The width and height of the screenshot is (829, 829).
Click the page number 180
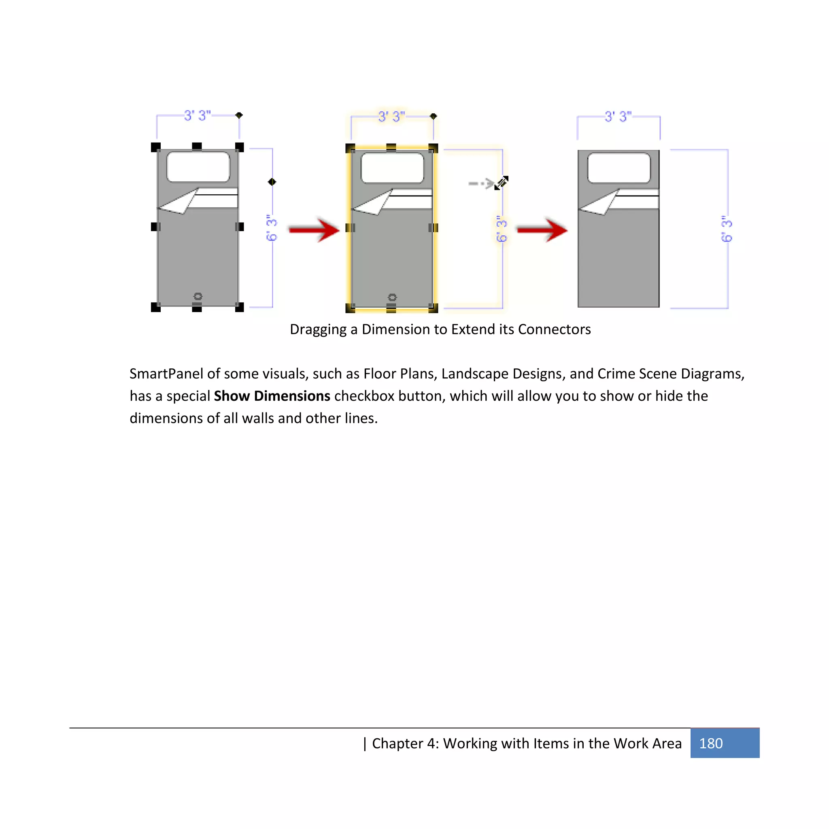click(x=710, y=743)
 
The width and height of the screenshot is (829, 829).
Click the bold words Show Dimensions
click(x=272, y=395)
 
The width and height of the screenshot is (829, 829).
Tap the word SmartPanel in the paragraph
click(x=166, y=374)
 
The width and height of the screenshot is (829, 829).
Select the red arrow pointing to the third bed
click(x=542, y=230)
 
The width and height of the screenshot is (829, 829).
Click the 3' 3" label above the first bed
click(x=198, y=115)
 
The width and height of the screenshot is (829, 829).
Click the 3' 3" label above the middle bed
click(x=391, y=117)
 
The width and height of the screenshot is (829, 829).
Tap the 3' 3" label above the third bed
click(x=618, y=117)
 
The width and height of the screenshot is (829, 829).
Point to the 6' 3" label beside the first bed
click(x=272, y=228)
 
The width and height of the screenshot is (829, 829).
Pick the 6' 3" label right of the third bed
click(x=727, y=229)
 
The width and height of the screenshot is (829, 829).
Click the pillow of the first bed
click(x=198, y=166)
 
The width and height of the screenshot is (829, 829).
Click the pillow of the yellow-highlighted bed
click(x=392, y=168)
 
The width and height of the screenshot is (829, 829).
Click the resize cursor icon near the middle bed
click(x=501, y=183)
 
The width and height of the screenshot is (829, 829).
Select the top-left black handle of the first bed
click(x=156, y=147)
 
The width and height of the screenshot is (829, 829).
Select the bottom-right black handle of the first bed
click(x=240, y=307)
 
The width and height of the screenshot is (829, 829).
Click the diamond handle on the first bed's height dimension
click(x=272, y=182)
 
